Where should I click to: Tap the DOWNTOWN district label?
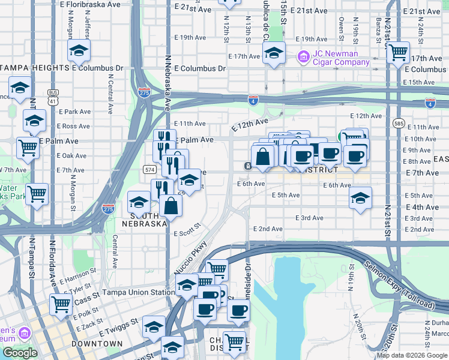pyautogui.click(x=97, y=344)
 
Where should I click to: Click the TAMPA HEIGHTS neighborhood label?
pyautogui.click(x=36, y=68)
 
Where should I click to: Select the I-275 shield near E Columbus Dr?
pyautogui.click(x=144, y=93)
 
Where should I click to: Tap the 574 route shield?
pyautogui.click(x=150, y=170)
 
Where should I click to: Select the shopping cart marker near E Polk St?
pyautogui.click(x=61, y=304)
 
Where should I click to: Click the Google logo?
pyautogui.click(x=20, y=353)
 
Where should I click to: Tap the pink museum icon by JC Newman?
pyautogui.click(x=303, y=58)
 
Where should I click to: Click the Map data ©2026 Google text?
pyautogui.click(x=411, y=355)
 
